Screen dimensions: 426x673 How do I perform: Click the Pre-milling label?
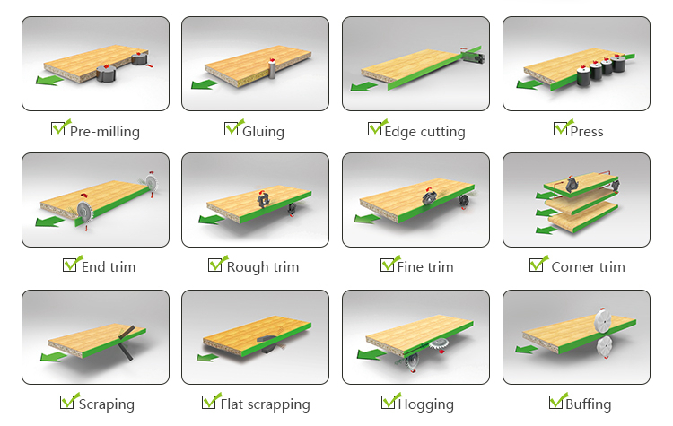105,131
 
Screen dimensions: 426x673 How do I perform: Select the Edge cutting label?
424,131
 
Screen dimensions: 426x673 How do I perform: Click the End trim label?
109,266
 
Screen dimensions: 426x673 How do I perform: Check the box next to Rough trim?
216,265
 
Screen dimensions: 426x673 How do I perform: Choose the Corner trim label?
588,266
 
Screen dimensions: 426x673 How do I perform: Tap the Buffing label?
588,404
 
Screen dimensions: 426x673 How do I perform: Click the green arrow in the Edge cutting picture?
364,86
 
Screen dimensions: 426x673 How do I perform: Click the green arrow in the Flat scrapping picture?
207,358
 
